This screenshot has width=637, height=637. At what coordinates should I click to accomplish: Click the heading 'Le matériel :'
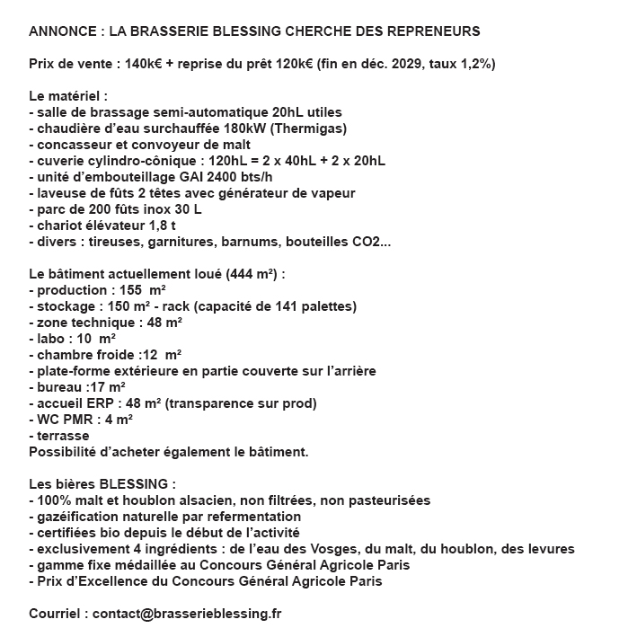click(x=68, y=96)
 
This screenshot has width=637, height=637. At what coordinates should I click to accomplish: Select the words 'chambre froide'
click(x=81, y=355)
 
